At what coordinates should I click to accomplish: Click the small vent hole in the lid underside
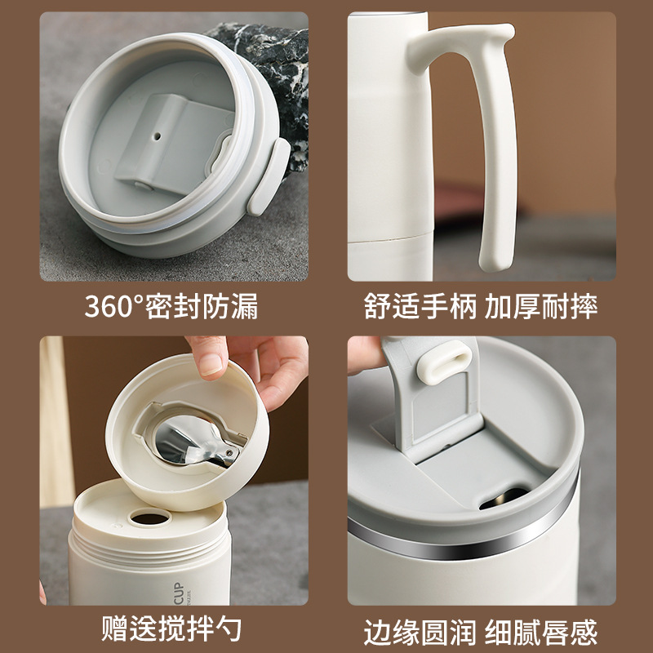click(157, 135)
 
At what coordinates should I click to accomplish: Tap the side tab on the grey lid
click(269, 176)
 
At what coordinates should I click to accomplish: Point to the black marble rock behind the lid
click(275, 83)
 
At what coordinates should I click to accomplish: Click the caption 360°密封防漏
click(171, 306)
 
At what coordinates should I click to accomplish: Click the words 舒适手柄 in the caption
click(420, 306)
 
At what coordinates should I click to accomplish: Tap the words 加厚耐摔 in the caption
click(541, 306)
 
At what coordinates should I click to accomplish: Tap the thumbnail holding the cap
click(211, 362)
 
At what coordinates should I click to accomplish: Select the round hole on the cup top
click(150, 518)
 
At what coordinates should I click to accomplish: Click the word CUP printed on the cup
click(179, 593)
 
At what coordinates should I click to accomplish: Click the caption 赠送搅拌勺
click(171, 628)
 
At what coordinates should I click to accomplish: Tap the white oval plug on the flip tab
click(444, 361)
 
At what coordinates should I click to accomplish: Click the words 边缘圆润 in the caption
click(420, 632)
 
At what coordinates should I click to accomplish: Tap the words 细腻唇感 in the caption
click(541, 632)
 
